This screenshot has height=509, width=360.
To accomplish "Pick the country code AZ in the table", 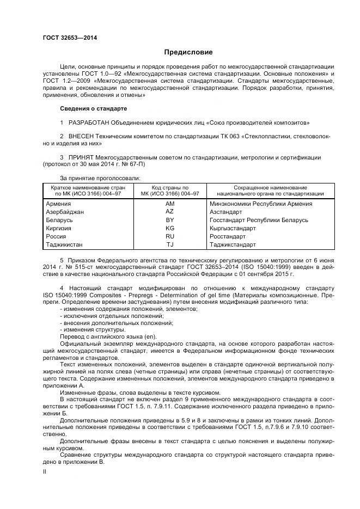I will pos(169,211).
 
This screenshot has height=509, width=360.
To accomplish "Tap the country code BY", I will pos(169,220).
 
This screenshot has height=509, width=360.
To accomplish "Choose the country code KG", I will pos(169,228).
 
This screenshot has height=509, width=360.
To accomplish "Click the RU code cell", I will pos(169,237).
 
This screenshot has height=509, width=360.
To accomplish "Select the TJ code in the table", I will pos(169,245).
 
